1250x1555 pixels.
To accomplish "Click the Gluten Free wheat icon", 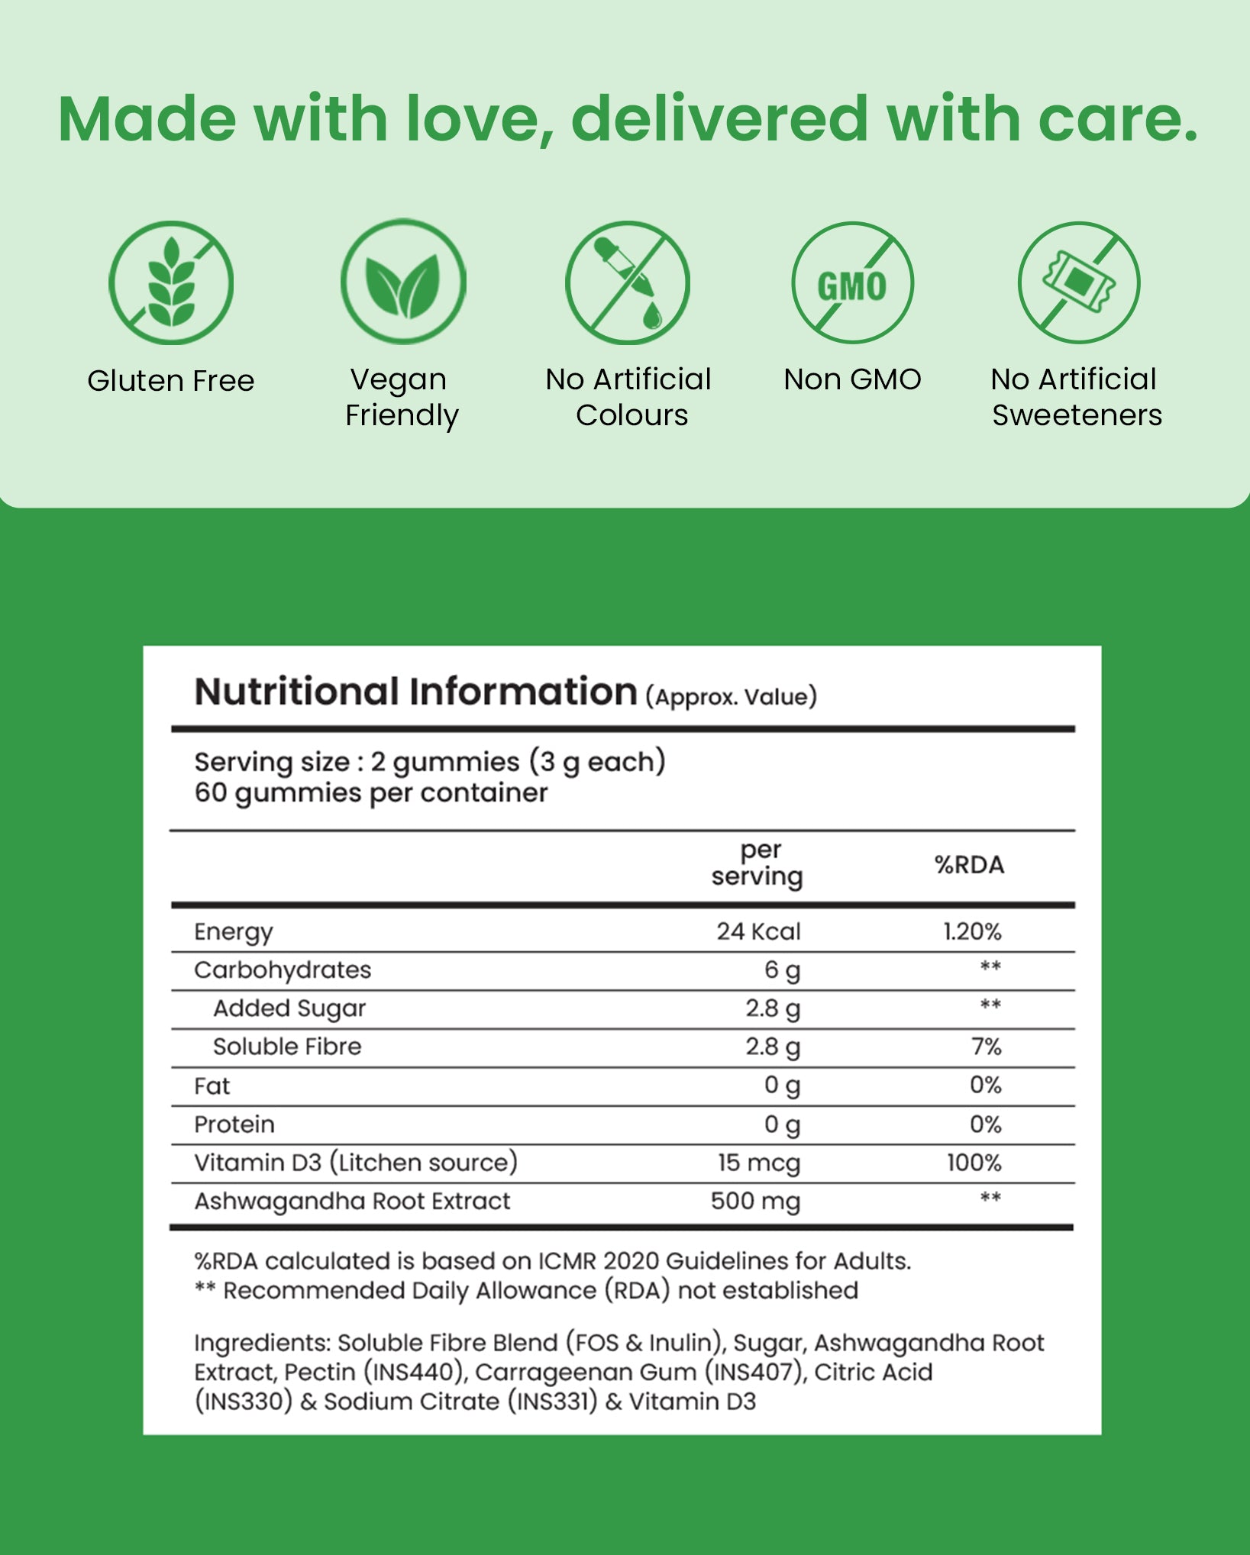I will pyautogui.click(x=171, y=282).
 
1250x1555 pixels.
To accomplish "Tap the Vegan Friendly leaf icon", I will pyautogui.click(x=403, y=282).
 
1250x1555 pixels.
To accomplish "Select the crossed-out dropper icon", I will pyautogui.click(x=628, y=282).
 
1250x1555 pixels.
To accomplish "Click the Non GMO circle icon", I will pyautogui.click(x=852, y=282).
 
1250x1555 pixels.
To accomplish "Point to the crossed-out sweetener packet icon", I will pyautogui.click(x=1078, y=282).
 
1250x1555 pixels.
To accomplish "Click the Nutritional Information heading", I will pyautogui.click(x=415, y=692).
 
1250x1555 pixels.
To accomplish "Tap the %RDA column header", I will pyautogui.click(x=969, y=865).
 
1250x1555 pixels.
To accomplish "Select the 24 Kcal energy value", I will pyautogui.click(x=758, y=931).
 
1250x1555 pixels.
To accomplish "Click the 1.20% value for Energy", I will pyautogui.click(x=972, y=931).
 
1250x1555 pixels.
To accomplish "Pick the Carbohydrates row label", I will pyautogui.click(x=283, y=970).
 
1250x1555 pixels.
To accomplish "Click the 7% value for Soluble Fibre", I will pyautogui.click(x=986, y=1047).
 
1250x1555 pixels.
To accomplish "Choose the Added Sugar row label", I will pyautogui.click(x=289, y=1008).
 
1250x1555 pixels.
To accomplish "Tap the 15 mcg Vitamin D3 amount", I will pyautogui.click(x=759, y=1163).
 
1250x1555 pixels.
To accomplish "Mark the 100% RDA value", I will pyautogui.click(x=974, y=1163).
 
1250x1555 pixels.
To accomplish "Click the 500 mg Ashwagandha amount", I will pyautogui.click(x=755, y=1202).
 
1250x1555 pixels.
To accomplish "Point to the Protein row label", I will pyautogui.click(x=234, y=1124).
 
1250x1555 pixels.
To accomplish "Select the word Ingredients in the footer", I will pyautogui.click(x=262, y=1344).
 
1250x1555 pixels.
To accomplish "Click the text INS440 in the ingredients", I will pyautogui.click(x=413, y=1373).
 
